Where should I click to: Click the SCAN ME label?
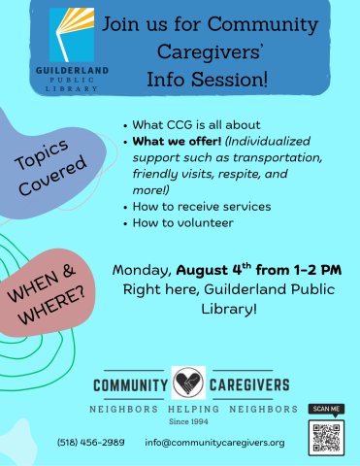click(326, 410)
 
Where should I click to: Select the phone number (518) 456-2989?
click(90, 443)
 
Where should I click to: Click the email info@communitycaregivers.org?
click(214, 443)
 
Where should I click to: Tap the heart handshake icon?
click(188, 383)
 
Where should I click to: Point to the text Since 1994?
click(187, 421)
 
